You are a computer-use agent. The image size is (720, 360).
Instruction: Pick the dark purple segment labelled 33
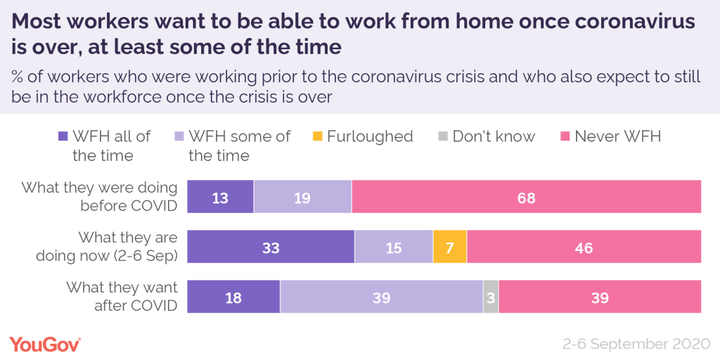271,247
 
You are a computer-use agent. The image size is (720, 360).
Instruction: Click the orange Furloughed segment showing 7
450,247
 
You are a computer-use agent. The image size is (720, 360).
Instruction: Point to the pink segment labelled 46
584,247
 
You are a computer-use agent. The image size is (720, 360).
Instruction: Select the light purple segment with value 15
394,247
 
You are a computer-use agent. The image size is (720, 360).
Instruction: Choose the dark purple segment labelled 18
233,297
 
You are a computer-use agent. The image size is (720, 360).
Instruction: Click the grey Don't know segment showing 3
491,297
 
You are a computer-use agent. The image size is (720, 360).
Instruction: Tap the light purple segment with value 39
381,297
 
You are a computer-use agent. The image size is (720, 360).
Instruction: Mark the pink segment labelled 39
600,297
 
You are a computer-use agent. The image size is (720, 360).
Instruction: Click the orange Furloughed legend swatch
319,136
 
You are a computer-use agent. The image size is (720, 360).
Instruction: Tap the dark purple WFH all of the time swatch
62,136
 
